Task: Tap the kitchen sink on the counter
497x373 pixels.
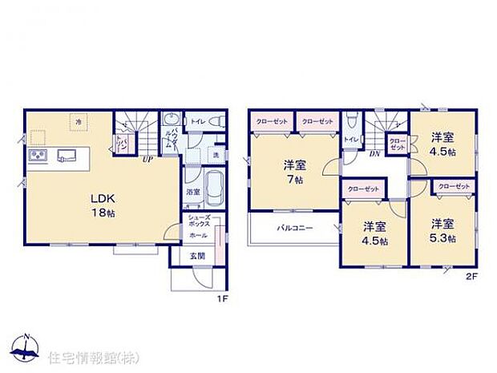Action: tap(67, 155)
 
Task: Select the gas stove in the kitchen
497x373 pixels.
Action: tap(38, 155)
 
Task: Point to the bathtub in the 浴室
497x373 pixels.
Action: tap(214, 191)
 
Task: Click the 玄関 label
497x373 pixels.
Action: tap(197, 255)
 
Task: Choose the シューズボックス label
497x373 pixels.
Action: tap(200, 221)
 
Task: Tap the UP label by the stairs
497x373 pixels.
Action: tap(147, 160)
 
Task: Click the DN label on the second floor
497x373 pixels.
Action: tap(374, 154)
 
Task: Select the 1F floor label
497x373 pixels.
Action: tap(224, 299)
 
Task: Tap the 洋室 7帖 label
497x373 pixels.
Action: tap(295, 172)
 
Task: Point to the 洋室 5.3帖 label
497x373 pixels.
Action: tap(442, 230)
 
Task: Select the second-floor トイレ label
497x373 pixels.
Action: tap(351, 140)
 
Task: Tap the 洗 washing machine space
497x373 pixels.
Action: tap(215, 155)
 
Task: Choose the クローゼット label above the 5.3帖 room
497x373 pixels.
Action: tap(454, 186)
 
